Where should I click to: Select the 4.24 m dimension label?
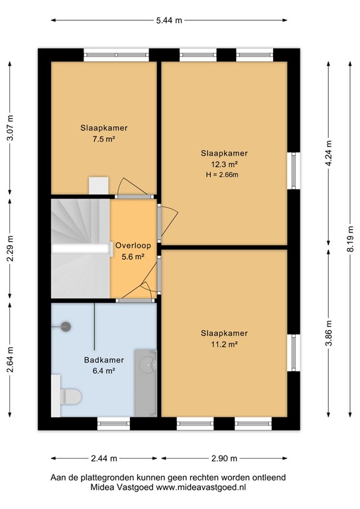pyautogui.click(x=329, y=153)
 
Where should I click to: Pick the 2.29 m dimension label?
pyautogui.click(x=9, y=250)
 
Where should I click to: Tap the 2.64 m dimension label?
pyautogui.click(x=9, y=360)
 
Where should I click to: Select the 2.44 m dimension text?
pyautogui.click(x=104, y=459)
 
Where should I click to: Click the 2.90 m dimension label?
pyautogui.click(x=224, y=459)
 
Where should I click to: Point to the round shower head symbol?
pyautogui.click(x=66, y=325)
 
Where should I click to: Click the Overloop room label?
pyautogui.click(x=133, y=245)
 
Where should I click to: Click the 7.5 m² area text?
pyautogui.click(x=104, y=140)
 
